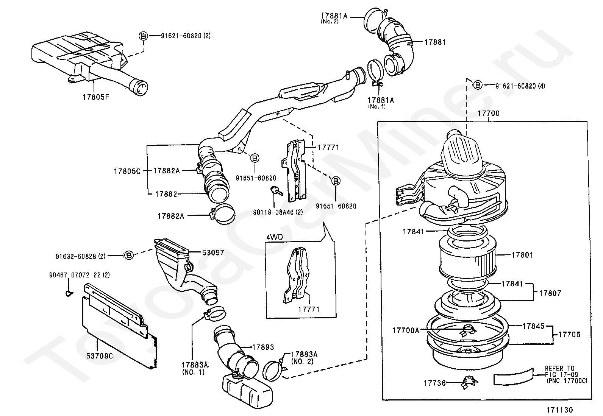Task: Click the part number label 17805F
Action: point(96,97)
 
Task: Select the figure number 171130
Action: point(560,410)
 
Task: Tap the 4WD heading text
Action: point(275,237)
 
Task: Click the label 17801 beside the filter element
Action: point(522,255)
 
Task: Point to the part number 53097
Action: point(213,252)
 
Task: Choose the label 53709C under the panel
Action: point(100,356)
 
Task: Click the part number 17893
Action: point(263,347)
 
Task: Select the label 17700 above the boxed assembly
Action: point(489,113)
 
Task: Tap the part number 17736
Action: point(435,383)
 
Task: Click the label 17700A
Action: point(406,330)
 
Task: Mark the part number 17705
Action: point(569,335)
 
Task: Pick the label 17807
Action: point(550,293)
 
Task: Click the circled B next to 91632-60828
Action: point(129,255)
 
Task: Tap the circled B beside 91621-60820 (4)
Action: point(478,85)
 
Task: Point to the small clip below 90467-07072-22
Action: point(69,293)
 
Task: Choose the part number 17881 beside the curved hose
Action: point(435,42)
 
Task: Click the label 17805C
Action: point(127,171)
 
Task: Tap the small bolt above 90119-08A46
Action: point(276,190)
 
